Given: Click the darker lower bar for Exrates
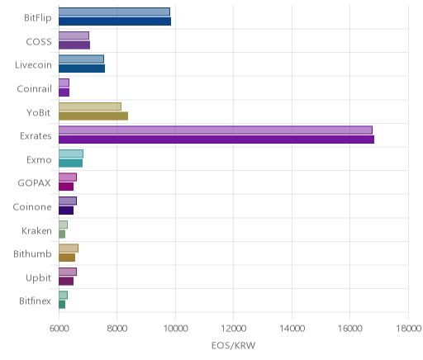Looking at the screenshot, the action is point(216,140).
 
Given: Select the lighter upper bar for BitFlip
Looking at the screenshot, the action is point(114,12).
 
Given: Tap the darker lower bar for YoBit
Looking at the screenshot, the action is point(93,116).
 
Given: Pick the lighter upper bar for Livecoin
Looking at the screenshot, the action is point(81,59).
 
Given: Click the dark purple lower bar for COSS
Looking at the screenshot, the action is point(74,45).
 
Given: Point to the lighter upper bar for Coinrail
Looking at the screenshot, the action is point(64,83).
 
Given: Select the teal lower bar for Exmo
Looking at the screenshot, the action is point(70,163).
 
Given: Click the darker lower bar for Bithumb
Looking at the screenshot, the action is point(67,258).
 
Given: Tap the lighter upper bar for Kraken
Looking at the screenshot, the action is point(63,225).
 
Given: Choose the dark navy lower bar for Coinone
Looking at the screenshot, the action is point(66,211).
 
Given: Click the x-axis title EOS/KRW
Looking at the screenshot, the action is point(234,345).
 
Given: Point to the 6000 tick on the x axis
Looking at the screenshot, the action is point(59,329).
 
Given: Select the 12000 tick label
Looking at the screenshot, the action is point(234,329).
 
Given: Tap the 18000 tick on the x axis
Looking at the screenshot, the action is point(408,329).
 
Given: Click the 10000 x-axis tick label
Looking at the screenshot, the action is point(175,329).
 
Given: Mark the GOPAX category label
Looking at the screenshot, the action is point(35,183).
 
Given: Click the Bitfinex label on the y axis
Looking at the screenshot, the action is point(35,301).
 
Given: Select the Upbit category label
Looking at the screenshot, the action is point(38,277).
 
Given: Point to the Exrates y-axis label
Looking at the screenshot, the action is point(36,136).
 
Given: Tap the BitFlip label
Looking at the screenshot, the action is point(38,18).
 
